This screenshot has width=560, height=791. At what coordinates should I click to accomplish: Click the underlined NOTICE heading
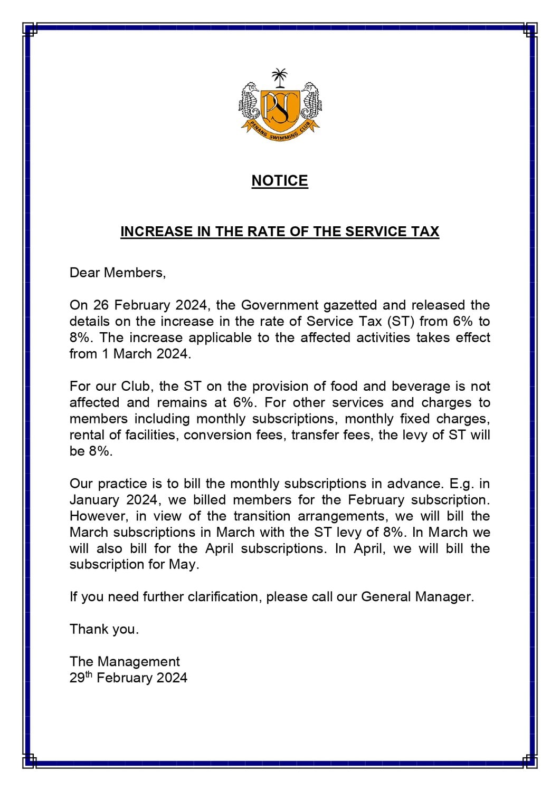click(280, 180)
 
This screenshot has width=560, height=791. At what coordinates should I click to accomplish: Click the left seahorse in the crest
click(250, 102)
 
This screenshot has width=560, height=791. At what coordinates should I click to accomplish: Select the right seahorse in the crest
click(311, 102)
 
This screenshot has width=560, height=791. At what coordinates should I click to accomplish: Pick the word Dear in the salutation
click(84, 273)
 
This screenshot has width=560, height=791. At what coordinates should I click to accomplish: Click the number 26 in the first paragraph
click(101, 305)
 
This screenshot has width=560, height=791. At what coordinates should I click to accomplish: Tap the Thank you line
click(104, 629)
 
